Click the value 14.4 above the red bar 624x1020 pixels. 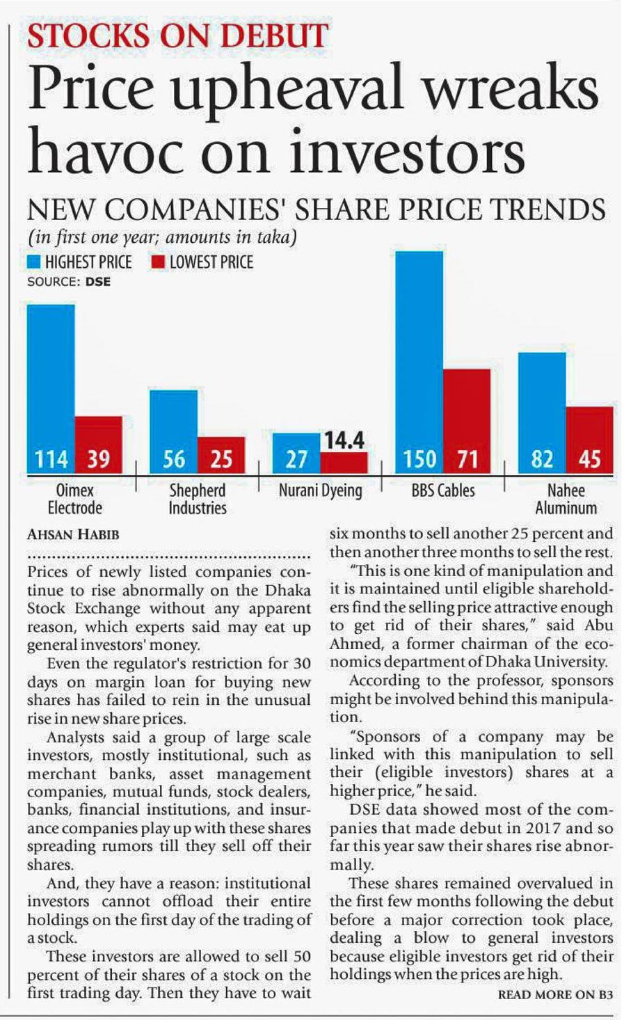click(x=343, y=440)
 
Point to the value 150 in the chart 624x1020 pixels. click(x=419, y=460)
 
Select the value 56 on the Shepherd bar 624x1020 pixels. click(x=174, y=460)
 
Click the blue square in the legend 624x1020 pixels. click(x=34, y=262)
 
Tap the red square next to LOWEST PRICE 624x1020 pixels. click(x=157, y=262)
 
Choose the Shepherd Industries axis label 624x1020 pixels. click(x=198, y=499)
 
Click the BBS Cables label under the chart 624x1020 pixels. click(x=443, y=491)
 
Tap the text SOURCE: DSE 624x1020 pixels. click(x=68, y=282)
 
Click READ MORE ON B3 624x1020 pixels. click(x=556, y=995)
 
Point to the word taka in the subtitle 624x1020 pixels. click(x=273, y=237)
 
